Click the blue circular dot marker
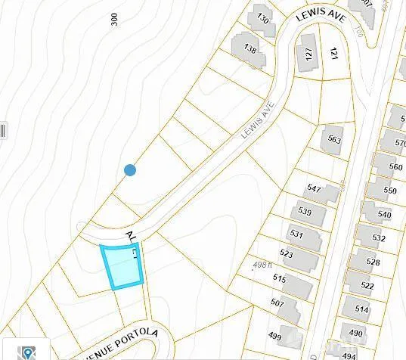[x=130, y=171]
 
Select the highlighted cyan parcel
[x=121, y=267]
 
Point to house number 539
[x=305, y=211]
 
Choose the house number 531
[x=296, y=234]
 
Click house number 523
[x=287, y=255]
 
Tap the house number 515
[x=280, y=279]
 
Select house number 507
[x=276, y=303]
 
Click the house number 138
[x=249, y=48]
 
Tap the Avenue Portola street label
[x=125, y=334]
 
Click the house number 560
[x=395, y=167]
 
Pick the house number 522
[x=367, y=285]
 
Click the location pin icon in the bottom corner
[x=28, y=352]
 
